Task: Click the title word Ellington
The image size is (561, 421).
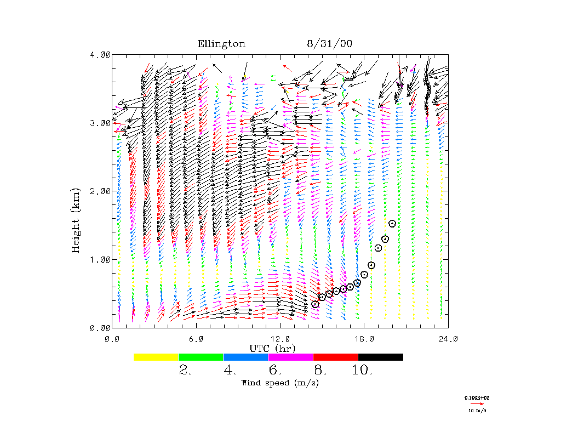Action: pos(221,44)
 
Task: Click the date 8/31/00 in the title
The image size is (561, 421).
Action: pos(329,44)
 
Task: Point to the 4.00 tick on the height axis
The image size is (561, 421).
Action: pos(100,54)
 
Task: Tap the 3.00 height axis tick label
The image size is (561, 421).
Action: pos(100,123)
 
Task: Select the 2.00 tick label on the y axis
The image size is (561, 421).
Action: pos(100,191)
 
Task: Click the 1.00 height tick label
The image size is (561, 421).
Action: pos(100,259)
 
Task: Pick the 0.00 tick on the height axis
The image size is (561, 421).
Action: pos(100,327)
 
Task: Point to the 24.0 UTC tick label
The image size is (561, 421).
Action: pos(448,339)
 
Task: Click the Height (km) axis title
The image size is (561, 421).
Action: pos(77,220)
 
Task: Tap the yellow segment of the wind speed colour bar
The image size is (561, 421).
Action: pos(156,357)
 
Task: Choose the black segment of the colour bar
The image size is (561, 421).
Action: pos(380,357)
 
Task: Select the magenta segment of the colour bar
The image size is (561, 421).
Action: pos(290,357)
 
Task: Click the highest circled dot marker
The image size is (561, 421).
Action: pos(392,224)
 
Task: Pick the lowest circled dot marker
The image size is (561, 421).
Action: pos(315,304)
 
